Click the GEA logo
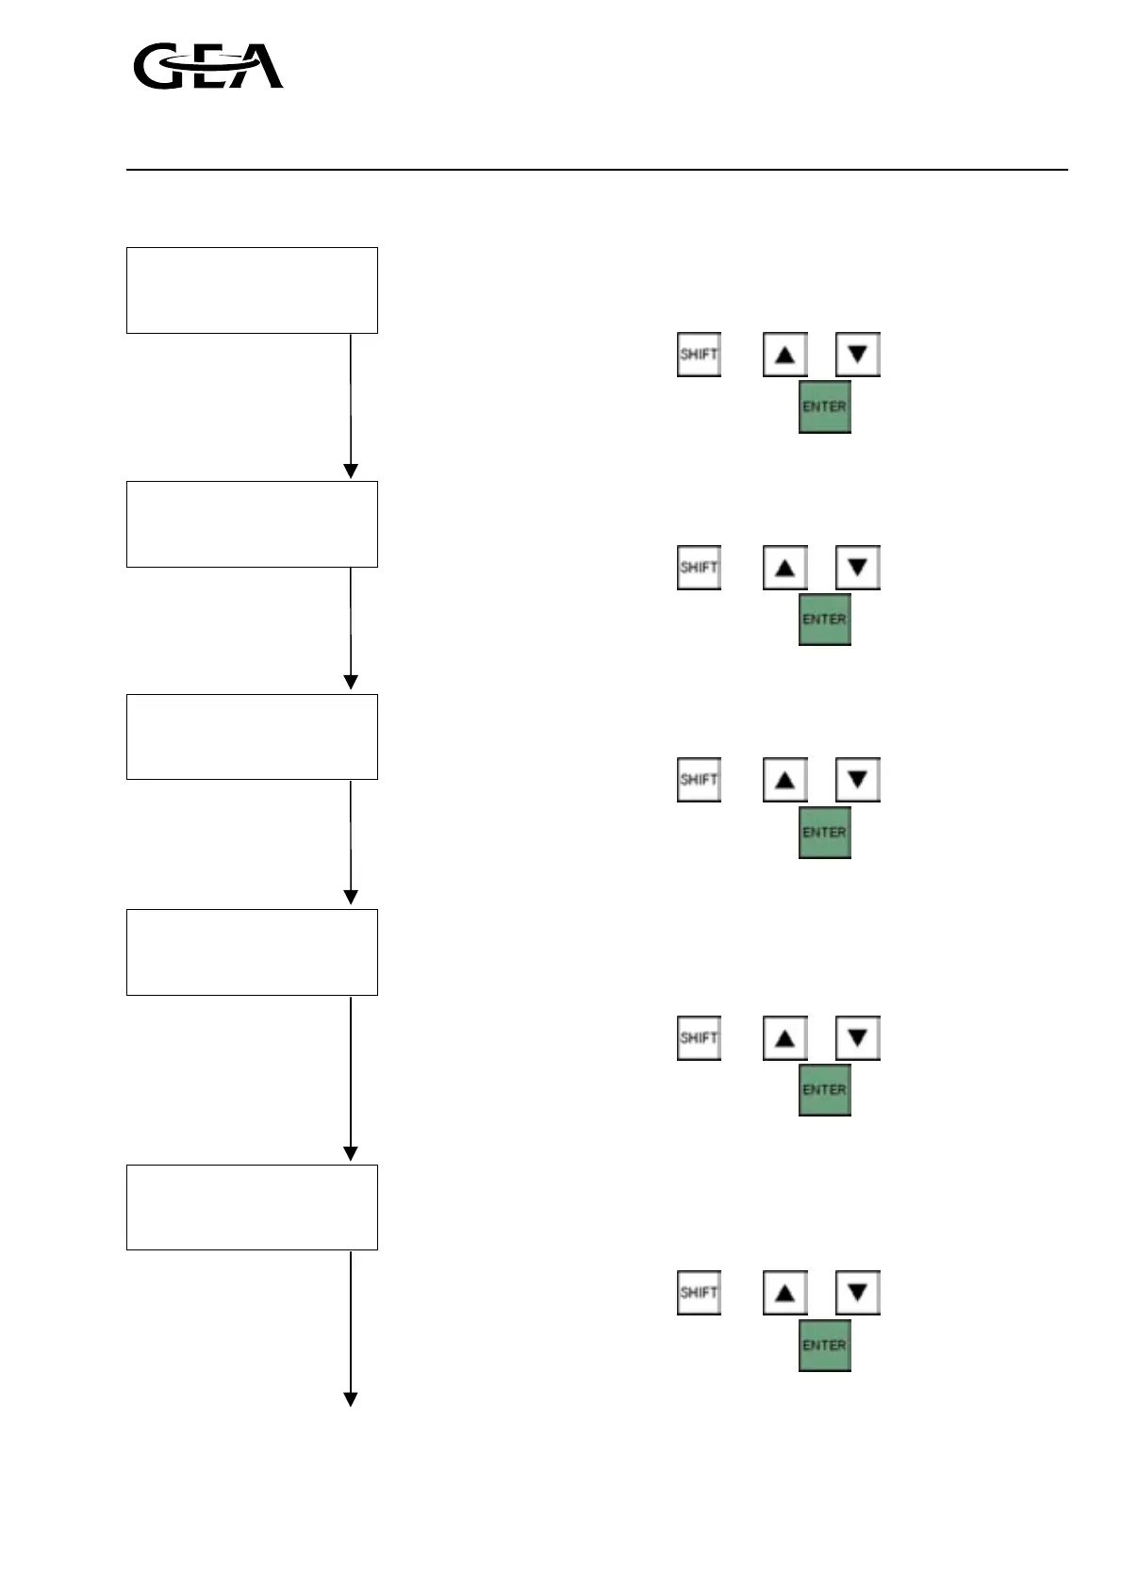207,66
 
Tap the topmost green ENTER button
824,406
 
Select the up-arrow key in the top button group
784,355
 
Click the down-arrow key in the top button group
857,355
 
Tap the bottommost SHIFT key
699,1292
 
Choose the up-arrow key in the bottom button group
784,1292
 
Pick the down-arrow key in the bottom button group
857,1292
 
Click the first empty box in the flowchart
252,290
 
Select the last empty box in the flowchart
252,1207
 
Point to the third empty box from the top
252,736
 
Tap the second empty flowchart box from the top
252,524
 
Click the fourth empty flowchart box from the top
252,951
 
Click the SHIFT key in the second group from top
699,567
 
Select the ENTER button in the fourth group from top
824,1089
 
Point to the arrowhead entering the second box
351,471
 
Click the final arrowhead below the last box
351,1399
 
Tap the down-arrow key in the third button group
857,780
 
